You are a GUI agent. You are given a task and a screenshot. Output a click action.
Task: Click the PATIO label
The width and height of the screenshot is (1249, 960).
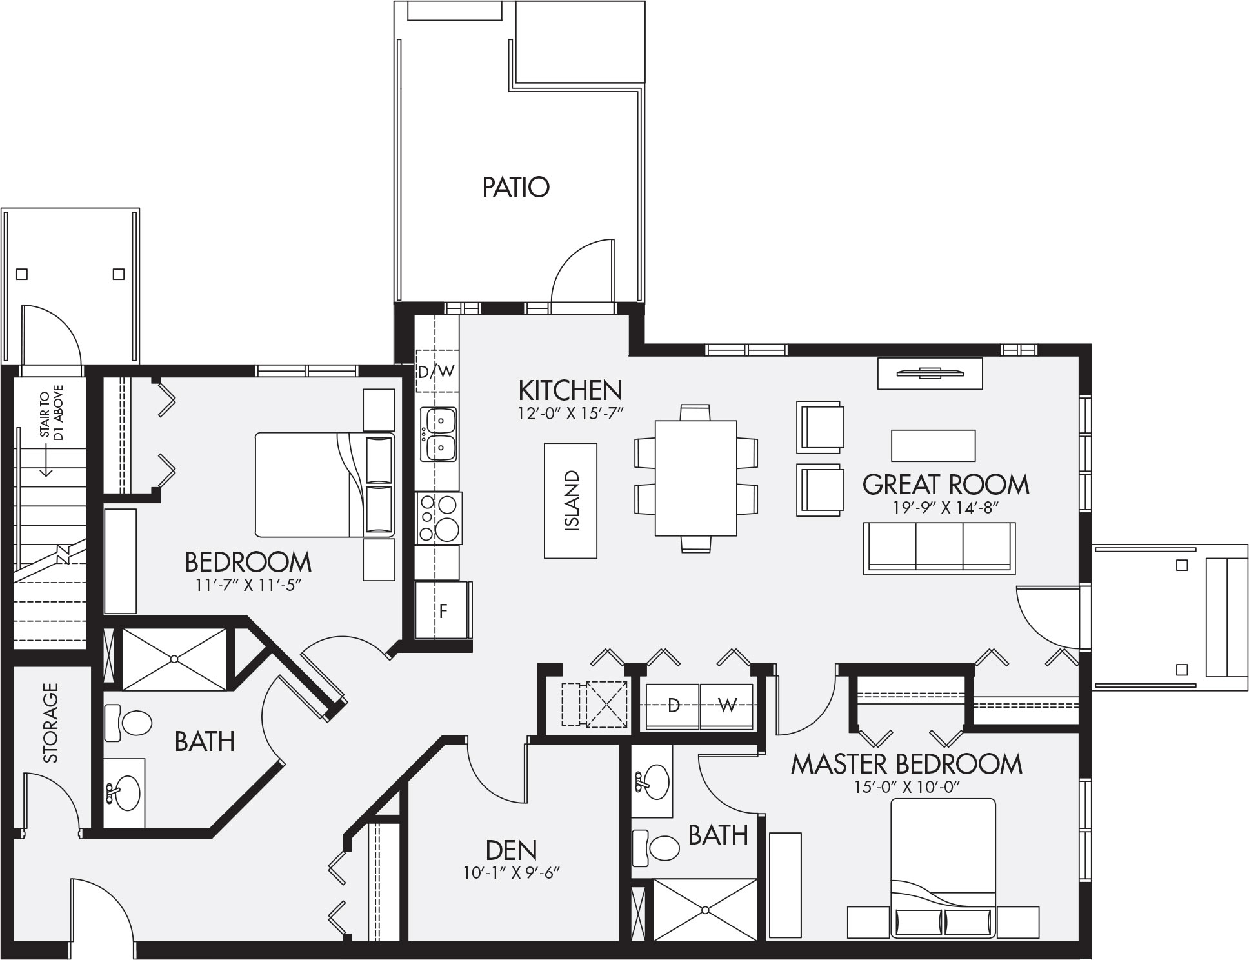[515, 187]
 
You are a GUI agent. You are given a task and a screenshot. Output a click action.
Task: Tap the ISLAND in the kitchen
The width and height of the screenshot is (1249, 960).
[570, 500]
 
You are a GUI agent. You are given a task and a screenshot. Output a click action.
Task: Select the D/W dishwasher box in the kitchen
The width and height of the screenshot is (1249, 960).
[436, 371]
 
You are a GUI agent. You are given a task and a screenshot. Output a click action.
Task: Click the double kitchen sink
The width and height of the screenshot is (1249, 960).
[439, 434]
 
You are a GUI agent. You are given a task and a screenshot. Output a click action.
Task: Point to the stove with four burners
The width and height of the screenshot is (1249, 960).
[439, 517]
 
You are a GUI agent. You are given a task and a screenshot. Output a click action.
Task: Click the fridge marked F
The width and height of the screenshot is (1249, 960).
[443, 610]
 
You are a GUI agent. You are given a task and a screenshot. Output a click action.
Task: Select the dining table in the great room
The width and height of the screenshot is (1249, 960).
[695, 478]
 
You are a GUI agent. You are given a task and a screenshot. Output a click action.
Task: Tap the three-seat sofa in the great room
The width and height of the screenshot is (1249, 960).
[939, 548]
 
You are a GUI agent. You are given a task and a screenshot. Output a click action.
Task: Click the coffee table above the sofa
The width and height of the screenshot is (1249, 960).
[933, 445]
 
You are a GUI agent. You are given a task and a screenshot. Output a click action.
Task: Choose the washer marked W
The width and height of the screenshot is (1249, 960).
[726, 706]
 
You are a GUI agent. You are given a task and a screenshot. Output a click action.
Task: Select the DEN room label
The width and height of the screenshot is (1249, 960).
[511, 850]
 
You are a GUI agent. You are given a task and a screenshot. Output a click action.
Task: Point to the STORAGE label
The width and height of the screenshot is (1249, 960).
[50, 723]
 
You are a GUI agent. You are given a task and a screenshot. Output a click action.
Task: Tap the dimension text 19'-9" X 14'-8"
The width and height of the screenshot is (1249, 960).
[945, 507]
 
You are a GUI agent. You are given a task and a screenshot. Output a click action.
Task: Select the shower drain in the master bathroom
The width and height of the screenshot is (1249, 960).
[706, 910]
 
